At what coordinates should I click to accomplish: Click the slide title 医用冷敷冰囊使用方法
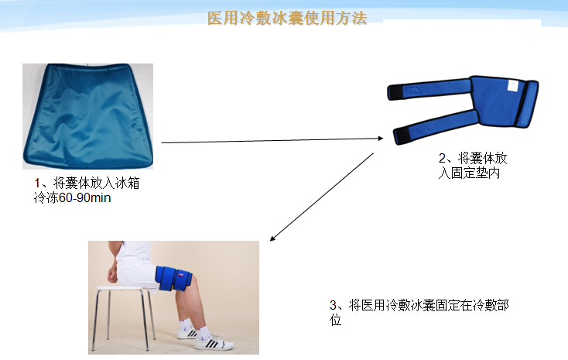(x=286, y=18)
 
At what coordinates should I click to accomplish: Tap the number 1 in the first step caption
(x=36, y=183)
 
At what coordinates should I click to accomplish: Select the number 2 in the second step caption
(x=442, y=159)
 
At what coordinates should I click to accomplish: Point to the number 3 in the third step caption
(x=334, y=306)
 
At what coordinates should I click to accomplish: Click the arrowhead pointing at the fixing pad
(x=380, y=138)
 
